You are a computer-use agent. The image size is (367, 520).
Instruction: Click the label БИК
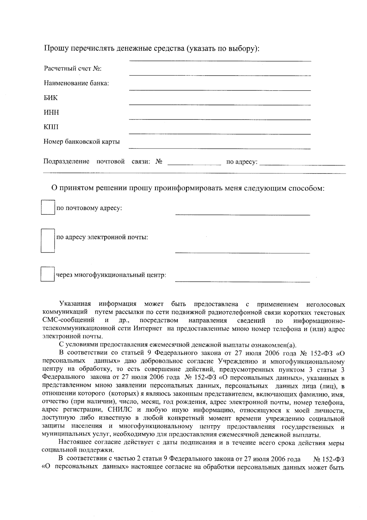(50, 98)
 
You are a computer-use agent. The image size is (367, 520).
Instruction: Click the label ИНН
(51, 112)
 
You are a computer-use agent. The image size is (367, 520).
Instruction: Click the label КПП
(51, 127)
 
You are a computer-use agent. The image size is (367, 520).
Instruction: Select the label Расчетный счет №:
(73, 68)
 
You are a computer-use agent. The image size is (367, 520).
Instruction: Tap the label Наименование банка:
(76, 83)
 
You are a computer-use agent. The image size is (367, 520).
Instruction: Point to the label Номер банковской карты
(82, 141)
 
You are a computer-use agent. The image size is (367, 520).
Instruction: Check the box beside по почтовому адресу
(48, 207)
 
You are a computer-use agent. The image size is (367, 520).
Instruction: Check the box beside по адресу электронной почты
(48, 240)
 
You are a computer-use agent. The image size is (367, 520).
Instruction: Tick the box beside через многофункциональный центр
(48, 274)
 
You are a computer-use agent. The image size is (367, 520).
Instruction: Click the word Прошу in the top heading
(57, 48)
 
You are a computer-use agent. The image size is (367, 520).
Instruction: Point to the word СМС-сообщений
(68, 321)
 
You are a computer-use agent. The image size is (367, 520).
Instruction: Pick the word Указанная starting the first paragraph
(75, 304)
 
